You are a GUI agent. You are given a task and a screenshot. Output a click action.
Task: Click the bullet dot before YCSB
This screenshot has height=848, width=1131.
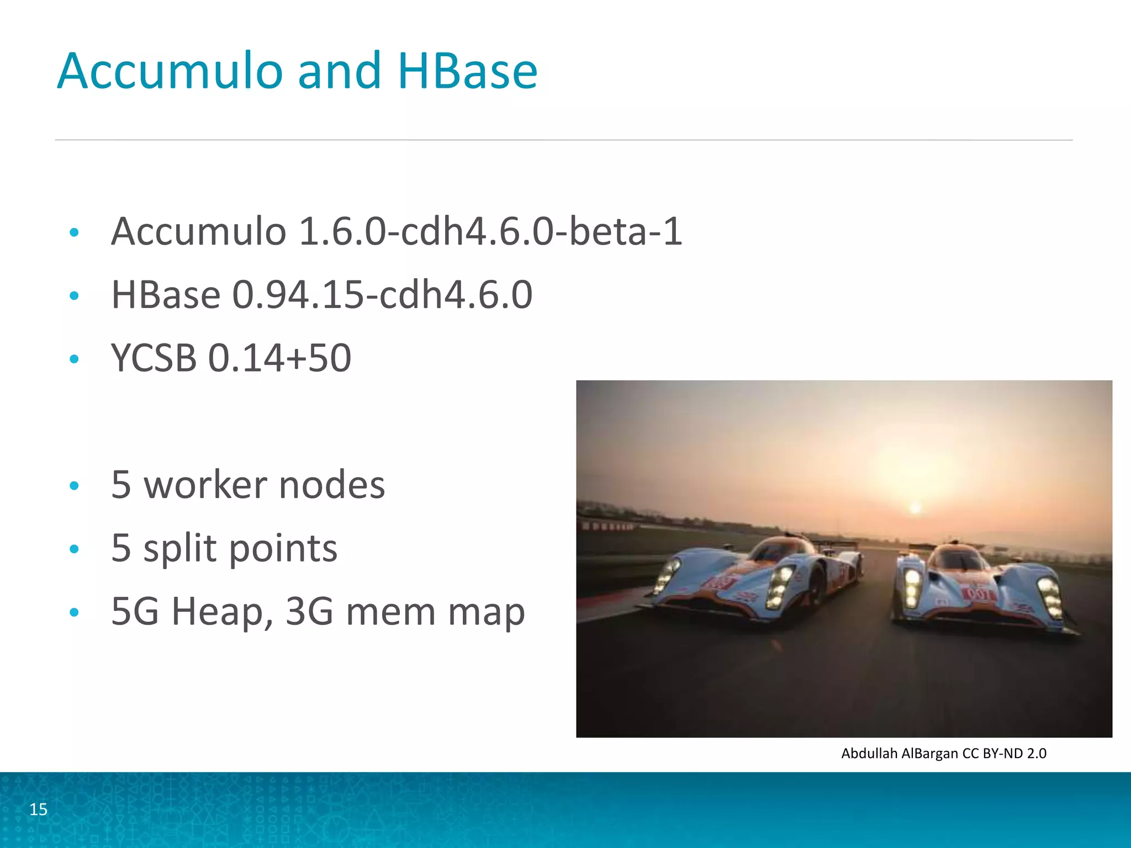[x=75, y=359]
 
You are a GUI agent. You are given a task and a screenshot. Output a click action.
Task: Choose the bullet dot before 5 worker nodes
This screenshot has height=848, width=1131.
[x=75, y=486]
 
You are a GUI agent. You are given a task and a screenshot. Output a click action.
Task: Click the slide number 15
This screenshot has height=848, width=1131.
[x=38, y=809]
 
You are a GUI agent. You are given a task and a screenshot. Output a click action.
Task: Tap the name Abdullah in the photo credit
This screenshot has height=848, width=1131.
[x=869, y=753]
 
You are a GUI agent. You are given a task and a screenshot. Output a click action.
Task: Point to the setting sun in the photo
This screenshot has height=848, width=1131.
[x=915, y=508]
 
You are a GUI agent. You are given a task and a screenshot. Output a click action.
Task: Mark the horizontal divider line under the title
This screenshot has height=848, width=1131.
[x=563, y=140]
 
